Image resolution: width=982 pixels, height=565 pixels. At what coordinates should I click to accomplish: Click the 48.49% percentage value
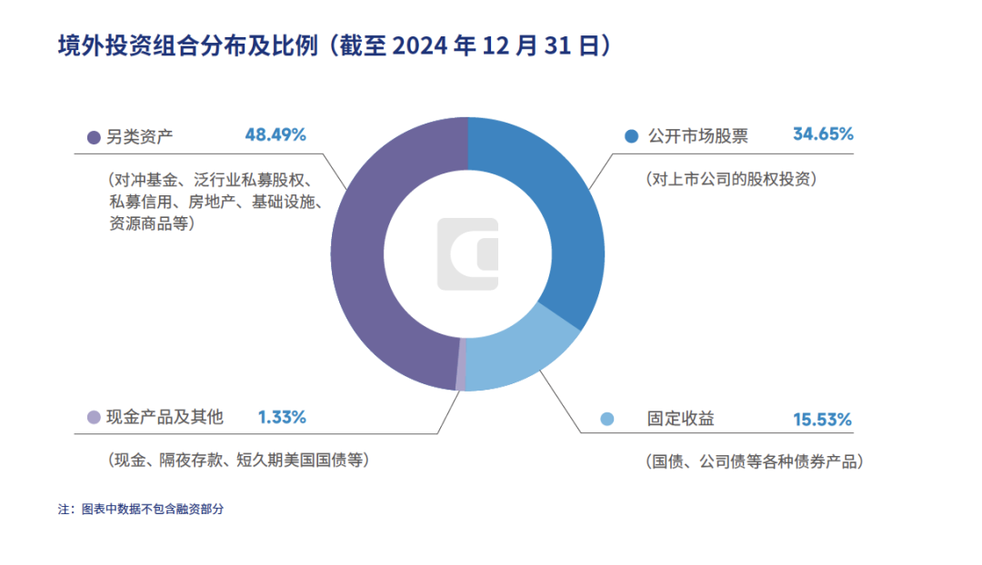click(x=276, y=134)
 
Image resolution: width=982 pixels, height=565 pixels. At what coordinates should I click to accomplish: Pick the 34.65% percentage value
click(x=823, y=134)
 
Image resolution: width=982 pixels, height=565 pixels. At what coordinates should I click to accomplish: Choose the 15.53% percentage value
click(x=821, y=420)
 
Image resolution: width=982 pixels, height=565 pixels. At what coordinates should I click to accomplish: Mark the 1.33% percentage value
click(x=282, y=417)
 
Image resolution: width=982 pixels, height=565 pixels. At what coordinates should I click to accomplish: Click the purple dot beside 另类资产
click(x=93, y=137)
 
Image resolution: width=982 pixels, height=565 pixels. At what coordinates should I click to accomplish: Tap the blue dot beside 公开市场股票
click(x=631, y=137)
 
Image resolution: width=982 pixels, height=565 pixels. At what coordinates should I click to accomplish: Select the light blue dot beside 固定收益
click(x=607, y=419)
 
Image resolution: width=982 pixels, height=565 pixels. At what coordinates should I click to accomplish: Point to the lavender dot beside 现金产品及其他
click(x=93, y=418)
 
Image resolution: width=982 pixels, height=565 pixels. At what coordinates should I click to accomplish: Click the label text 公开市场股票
click(x=697, y=136)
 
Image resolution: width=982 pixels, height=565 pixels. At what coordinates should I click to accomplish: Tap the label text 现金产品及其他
click(x=165, y=418)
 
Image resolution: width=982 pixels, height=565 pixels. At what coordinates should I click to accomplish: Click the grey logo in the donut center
click(x=467, y=254)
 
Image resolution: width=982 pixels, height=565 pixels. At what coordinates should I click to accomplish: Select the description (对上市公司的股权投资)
click(x=731, y=179)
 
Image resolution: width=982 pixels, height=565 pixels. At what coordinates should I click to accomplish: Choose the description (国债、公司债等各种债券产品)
click(x=754, y=461)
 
